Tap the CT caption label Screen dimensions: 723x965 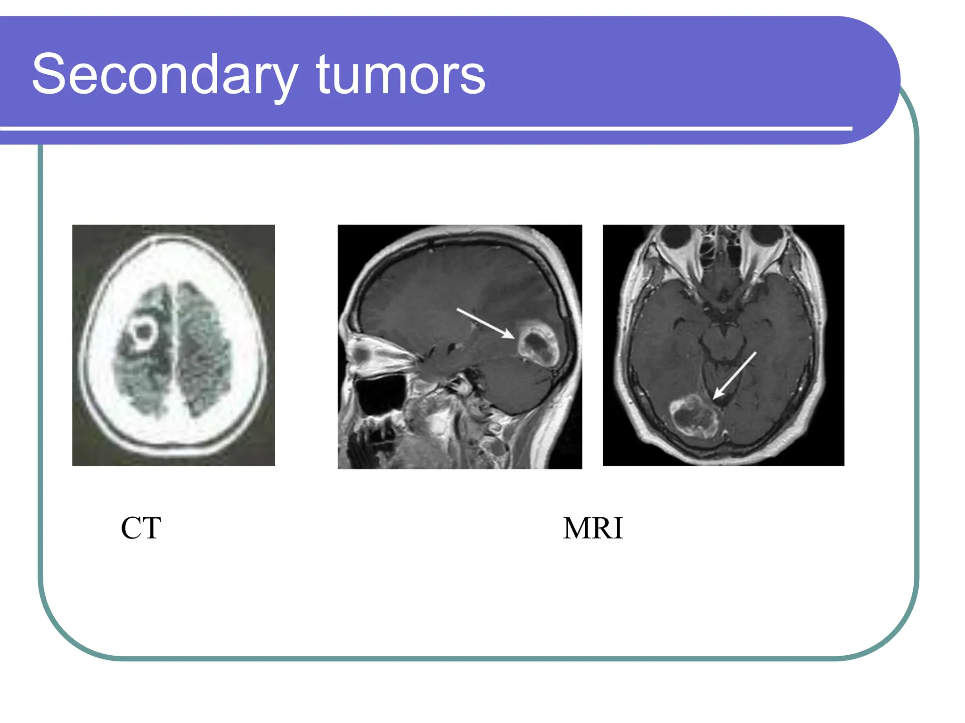(x=140, y=528)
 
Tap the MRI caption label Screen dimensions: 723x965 (x=593, y=528)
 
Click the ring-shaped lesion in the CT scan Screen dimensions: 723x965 (x=142, y=333)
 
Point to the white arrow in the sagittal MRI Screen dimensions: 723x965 (x=485, y=323)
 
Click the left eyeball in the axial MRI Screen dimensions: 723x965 (x=677, y=235)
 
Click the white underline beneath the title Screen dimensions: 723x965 (x=424, y=128)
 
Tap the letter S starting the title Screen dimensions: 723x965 (x=49, y=74)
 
